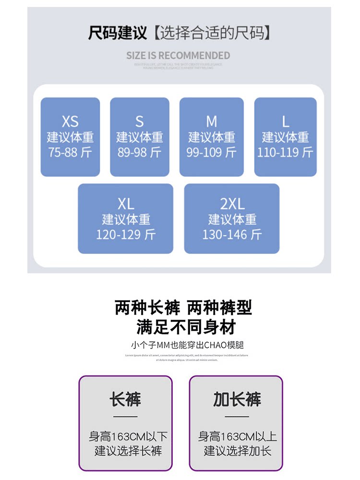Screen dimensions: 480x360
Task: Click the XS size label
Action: (x=70, y=121)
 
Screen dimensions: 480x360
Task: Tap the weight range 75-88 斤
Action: (x=70, y=153)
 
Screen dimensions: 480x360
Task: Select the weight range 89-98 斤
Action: (x=139, y=153)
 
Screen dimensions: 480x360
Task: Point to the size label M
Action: (x=211, y=121)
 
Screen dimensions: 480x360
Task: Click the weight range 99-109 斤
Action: (x=211, y=153)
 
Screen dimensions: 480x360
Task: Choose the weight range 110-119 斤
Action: (x=285, y=153)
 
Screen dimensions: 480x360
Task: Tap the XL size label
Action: (x=126, y=204)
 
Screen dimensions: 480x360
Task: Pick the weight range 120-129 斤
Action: (x=126, y=235)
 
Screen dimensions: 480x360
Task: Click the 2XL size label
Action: (x=232, y=204)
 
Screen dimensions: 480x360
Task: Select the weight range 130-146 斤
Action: (x=232, y=235)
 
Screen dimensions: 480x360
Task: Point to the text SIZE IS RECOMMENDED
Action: (x=179, y=56)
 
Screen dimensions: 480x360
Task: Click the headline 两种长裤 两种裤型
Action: (x=183, y=307)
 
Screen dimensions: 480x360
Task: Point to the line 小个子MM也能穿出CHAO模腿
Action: (x=184, y=345)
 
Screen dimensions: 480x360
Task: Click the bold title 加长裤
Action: (x=237, y=399)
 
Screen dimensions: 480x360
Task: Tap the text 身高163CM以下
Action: (x=128, y=437)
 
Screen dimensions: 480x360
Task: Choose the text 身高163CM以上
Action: (x=238, y=437)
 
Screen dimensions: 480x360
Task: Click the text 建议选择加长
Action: (x=238, y=451)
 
